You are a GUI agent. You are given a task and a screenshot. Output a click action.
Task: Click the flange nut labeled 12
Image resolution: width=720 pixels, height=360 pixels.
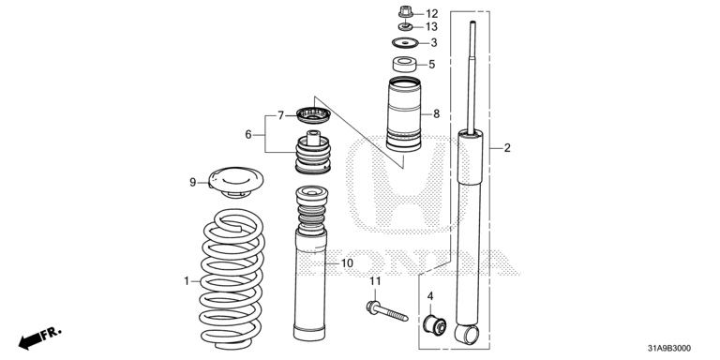pyautogui.click(x=405, y=11)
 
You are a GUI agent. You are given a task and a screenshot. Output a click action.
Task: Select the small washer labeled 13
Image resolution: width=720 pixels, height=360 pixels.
pyautogui.click(x=405, y=26)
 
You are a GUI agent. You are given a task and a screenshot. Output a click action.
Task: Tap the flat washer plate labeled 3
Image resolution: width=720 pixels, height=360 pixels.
pyautogui.click(x=405, y=43)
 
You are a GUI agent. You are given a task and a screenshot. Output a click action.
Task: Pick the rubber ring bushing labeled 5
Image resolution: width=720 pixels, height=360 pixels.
pyautogui.click(x=404, y=64)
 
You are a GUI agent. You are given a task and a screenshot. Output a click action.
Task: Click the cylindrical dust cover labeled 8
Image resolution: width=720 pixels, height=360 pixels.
pyautogui.click(x=404, y=113)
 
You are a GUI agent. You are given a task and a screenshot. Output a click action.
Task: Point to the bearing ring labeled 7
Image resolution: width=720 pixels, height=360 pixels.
pyautogui.click(x=313, y=114)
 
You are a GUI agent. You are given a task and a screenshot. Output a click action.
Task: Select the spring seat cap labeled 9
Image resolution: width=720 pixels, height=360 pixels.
pyautogui.click(x=236, y=182)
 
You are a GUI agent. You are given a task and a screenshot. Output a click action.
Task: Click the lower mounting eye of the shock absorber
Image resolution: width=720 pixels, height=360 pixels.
pyautogui.click(x=467, y=334)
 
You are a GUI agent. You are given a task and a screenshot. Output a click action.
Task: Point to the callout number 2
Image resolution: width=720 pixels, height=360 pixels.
pyautogui.click(x=507, y=148)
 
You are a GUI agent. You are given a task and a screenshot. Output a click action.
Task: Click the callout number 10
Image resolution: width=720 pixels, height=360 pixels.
pyautogui.click(x=347, y=263)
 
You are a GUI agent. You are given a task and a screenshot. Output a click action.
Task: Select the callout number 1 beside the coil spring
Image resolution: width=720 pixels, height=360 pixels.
pyautogui.click(x=187, y=280)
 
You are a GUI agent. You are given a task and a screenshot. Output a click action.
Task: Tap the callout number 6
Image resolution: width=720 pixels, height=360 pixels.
pyautogui.click(x=248, y=135)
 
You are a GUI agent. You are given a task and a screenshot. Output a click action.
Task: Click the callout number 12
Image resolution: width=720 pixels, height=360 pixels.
pyautogui.click(x=431, y=14)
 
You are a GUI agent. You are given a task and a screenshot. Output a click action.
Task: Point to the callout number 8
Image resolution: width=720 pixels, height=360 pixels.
pyautogui.click(x=436, y=113)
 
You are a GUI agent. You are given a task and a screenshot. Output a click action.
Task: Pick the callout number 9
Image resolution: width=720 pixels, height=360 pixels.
pyautogui.click(x=193, y=182)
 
